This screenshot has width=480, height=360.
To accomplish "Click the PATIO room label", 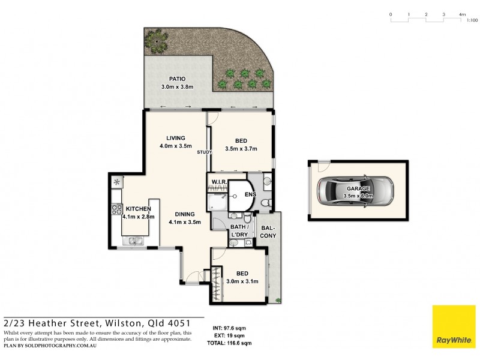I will point(176,79).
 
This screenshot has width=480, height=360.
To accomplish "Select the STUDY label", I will point(205,152).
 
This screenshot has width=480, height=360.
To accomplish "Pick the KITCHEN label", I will point(138,209).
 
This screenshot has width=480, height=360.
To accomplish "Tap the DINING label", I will point(184,214).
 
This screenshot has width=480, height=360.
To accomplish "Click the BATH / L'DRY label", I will point(241,230).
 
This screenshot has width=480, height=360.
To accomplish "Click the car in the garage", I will point(354,191).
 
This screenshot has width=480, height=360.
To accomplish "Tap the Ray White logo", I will point(450,327).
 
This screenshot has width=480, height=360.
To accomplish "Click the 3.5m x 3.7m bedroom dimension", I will point(241,149).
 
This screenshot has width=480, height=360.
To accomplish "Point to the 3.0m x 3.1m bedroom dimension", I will point(242,281).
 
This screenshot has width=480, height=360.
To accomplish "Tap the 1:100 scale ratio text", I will point(472,20).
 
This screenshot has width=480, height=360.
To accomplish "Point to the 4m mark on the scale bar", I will point(461,14).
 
